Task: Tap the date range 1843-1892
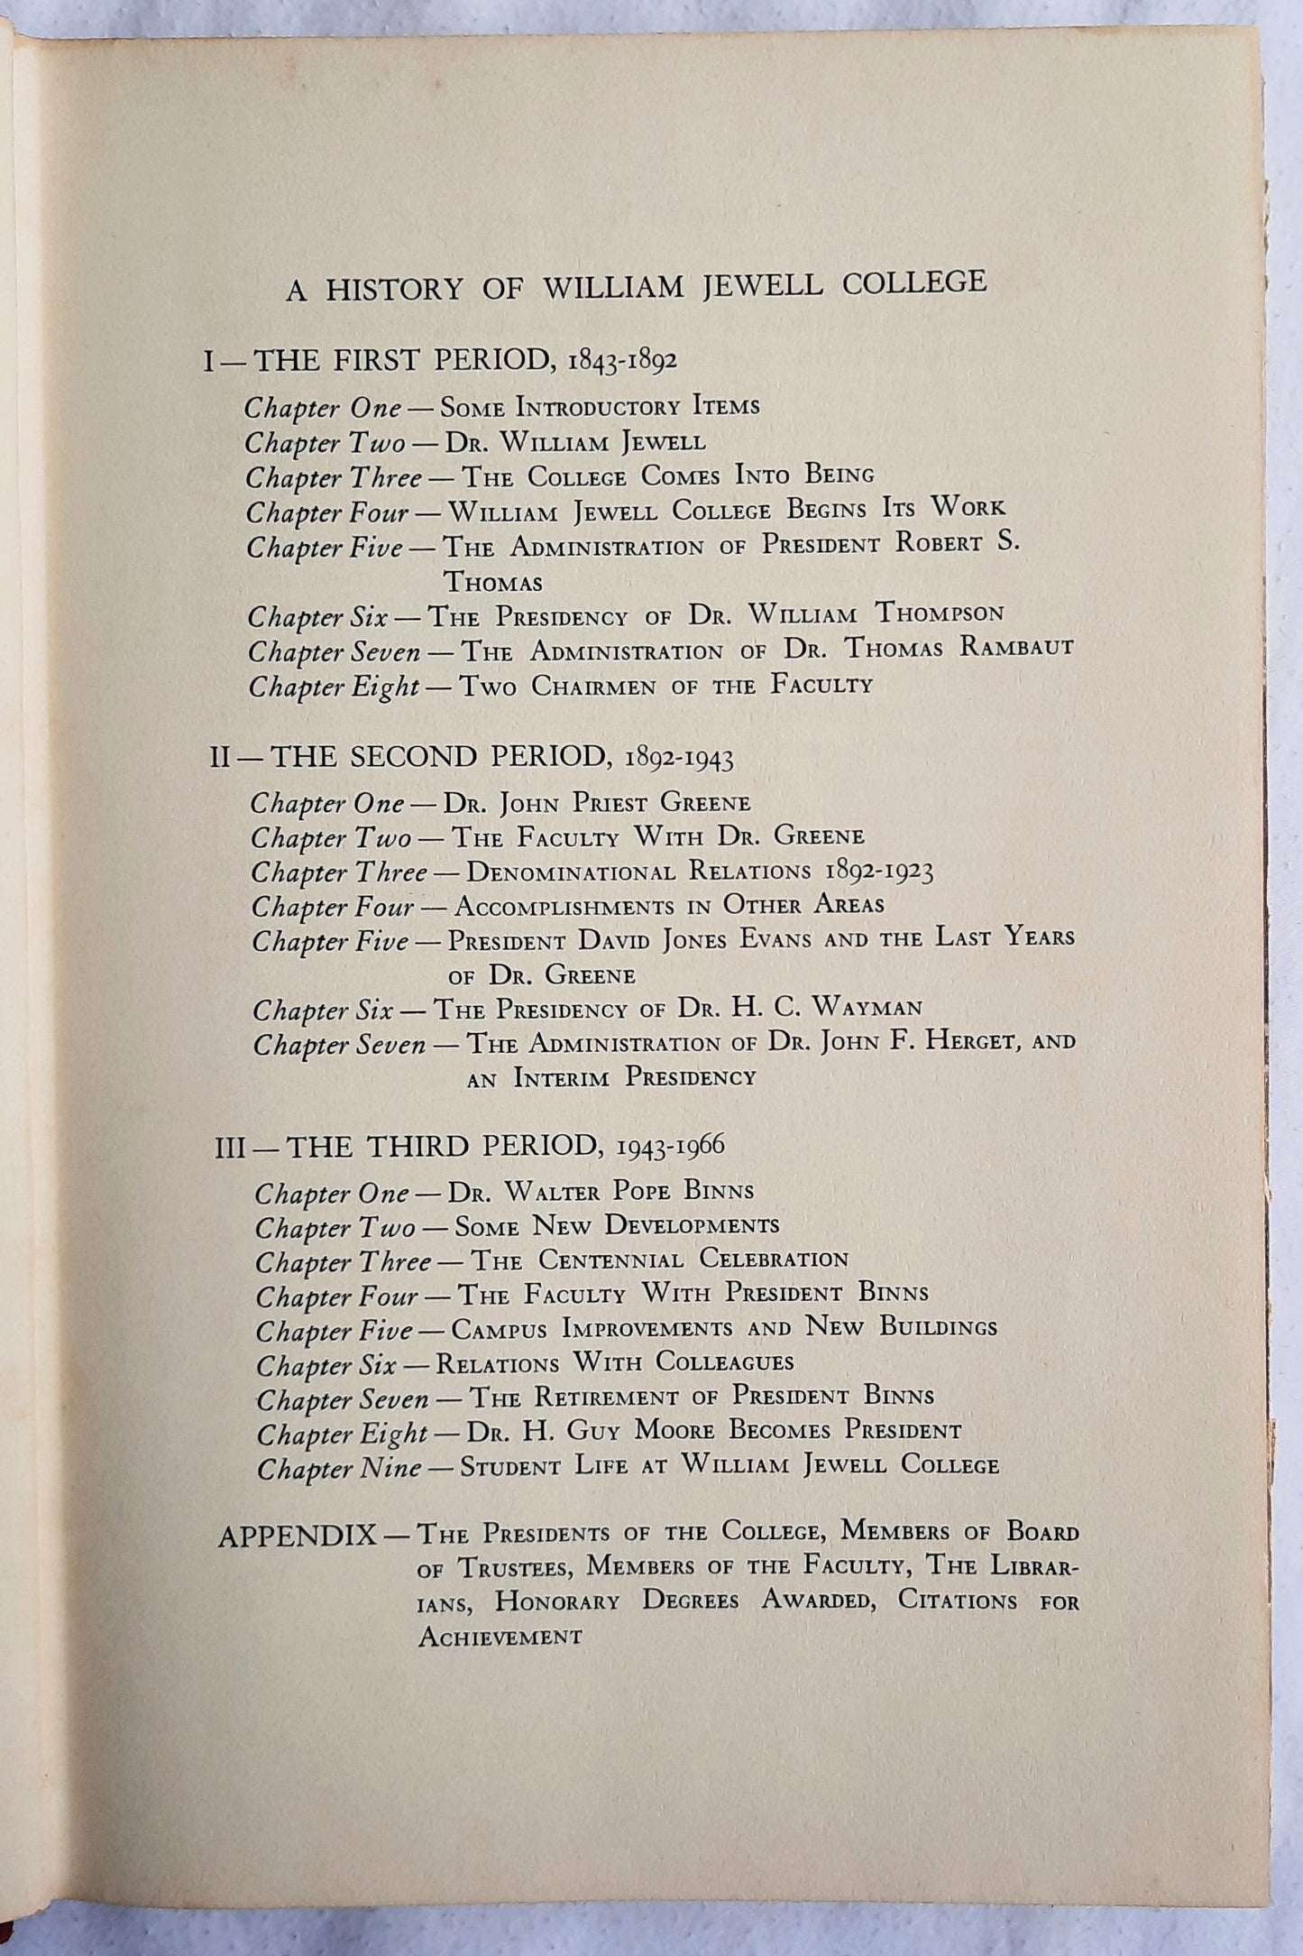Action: [x=623, y=363]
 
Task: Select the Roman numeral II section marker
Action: [x=221, y=756]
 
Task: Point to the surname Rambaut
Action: [x=1011, y=648]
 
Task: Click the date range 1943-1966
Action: [x=671, y=1147]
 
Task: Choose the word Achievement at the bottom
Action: [x=500, y=1637]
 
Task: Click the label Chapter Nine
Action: [x=339, y=1469]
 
